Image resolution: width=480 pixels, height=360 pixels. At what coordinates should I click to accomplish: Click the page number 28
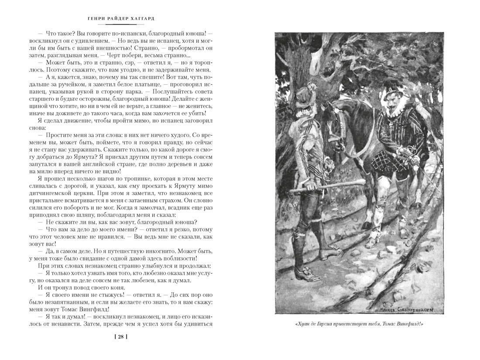[x=120, y=336]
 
